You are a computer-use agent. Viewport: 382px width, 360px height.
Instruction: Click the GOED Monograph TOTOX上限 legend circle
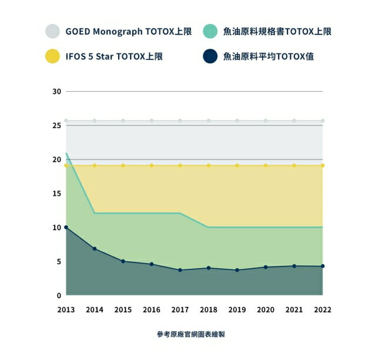click(x=53, y=31)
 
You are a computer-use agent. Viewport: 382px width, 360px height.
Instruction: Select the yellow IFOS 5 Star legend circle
click(x=53, y=56)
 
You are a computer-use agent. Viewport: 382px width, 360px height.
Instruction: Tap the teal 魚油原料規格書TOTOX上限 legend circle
click(x=210, y=31)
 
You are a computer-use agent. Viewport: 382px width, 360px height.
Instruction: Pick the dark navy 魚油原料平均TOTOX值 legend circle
click(x=210, y=56)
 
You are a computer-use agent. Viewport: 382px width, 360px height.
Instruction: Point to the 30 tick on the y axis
click(x=56, y=91)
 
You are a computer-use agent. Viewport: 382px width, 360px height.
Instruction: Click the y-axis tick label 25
click(x=56, y=125)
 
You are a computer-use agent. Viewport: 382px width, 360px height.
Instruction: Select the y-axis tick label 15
click(x=56, y=194)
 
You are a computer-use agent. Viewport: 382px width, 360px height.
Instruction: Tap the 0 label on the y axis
click(x=59, y=295)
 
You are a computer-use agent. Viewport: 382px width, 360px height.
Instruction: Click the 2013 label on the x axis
click(x=66, y=309)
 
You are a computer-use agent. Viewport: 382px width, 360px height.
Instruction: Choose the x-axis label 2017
click(x=180, y=309)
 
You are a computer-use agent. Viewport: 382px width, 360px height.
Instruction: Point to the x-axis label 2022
click(x=323, y=309)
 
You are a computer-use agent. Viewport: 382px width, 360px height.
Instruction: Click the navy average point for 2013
click(x=66, y=227)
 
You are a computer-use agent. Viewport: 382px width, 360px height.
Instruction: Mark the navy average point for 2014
click(x=95, y=249)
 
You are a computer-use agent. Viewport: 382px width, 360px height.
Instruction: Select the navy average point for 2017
click(x=180, y=270)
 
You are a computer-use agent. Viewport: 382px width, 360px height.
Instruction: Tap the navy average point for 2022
click(x=323, y=266)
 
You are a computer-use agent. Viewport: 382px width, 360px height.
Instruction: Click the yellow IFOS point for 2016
click(x=152, y=165)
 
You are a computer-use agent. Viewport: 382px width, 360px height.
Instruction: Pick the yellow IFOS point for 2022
click(x=323, y=165)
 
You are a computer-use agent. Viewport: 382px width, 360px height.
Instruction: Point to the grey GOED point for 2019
click(x=237, y=121)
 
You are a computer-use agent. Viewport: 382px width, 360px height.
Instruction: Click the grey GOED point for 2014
click(x=95, y=121)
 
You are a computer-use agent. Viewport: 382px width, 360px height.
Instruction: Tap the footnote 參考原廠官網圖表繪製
click(x=191, y=334)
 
